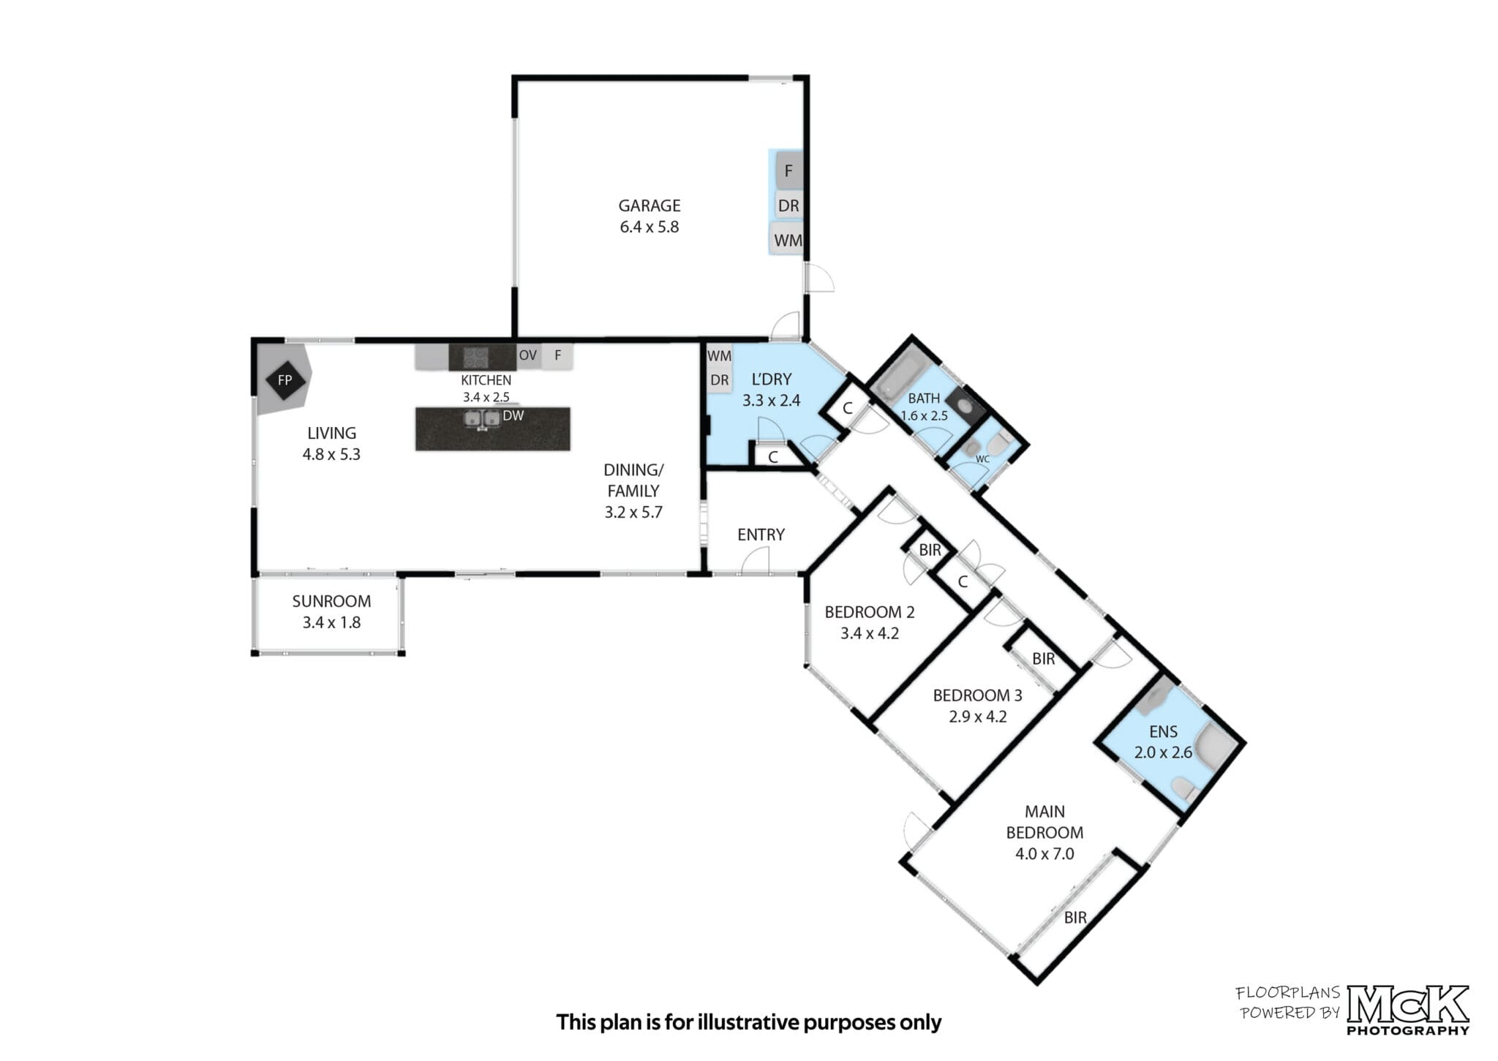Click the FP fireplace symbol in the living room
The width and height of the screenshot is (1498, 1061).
(285, 380)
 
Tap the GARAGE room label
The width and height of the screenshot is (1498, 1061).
(650, 205)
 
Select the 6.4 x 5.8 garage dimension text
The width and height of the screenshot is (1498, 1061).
(650, 227)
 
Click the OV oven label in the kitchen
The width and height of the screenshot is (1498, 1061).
(527, 355)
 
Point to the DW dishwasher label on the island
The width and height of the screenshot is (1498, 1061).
(513, 415)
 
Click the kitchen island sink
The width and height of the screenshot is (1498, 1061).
(482, 418)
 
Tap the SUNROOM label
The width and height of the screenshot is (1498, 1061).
(331, 601)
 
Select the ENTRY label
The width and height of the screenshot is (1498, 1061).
(761, 535)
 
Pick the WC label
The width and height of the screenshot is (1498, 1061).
(982, 459)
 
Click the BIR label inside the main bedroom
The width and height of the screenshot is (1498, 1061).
(1074, 917)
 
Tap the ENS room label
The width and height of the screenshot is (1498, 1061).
(1163, 731)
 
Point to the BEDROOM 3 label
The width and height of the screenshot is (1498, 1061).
(977, 695)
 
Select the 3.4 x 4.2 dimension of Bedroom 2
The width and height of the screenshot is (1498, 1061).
(869, 633)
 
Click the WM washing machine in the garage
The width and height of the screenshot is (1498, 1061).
(787, 239)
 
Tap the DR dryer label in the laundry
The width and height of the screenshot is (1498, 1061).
(720, 380)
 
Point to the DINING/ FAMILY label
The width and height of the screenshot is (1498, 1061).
(633, 480)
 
